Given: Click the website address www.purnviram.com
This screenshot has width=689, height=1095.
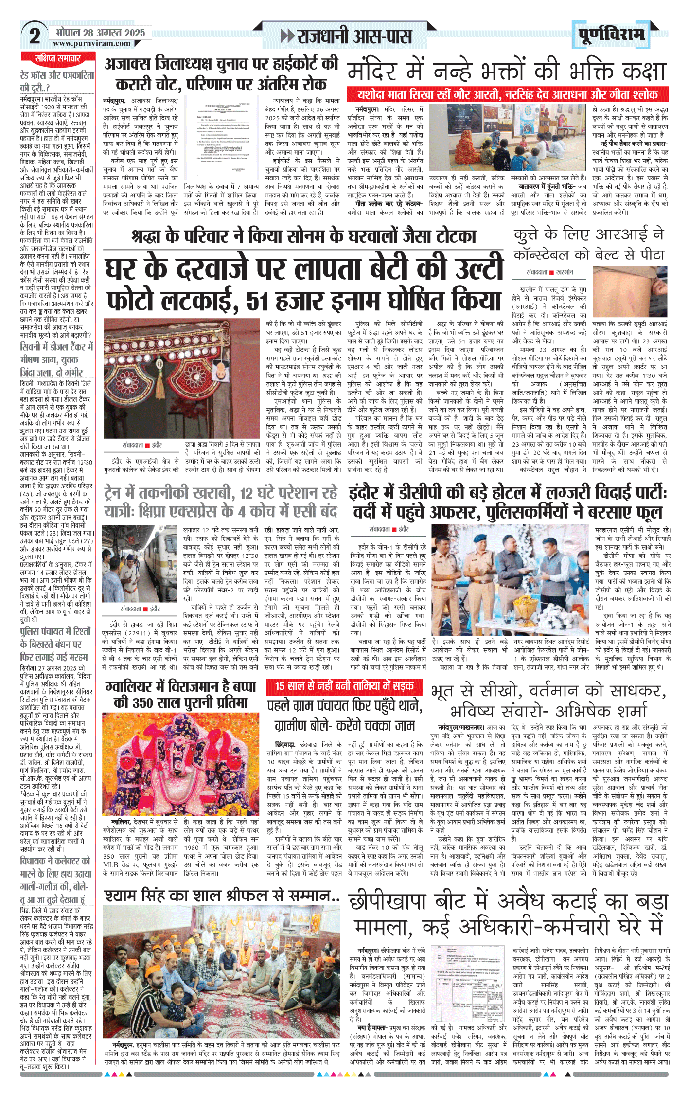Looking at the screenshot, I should tap(92, 43).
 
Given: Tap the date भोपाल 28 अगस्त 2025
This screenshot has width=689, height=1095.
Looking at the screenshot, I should tap(101, 33).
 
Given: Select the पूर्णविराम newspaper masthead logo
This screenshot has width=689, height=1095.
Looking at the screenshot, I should tap(612, 35).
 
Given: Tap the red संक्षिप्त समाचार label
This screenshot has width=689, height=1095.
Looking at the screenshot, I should tap(58, 58).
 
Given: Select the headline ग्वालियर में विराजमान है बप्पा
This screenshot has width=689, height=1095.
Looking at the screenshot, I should tap(181, 694).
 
